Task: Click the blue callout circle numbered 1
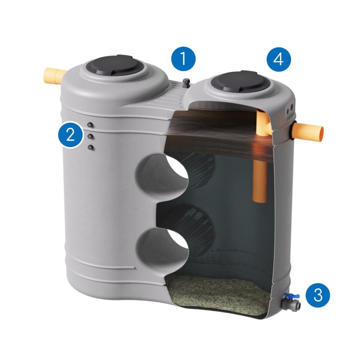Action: tap(183, 59)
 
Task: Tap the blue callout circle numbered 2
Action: tap(70, 134)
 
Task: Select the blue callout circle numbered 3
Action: tap(318, 295)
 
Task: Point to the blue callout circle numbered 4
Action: tap(278, 59)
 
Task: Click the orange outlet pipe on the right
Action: tap(309, 132)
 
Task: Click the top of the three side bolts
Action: tap(90, 125)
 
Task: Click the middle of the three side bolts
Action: tap(90, 136)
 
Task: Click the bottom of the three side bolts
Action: tap(91, 147)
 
